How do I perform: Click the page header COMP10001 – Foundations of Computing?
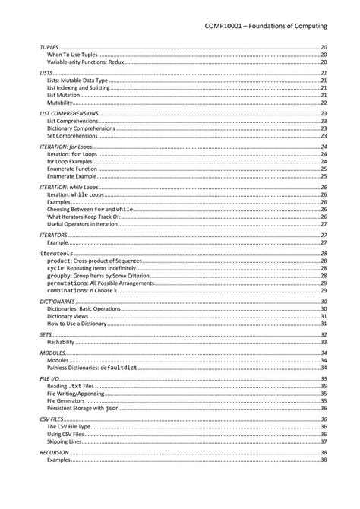pyautogui.click(x=266, y=26)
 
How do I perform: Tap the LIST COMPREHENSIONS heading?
pyautogui.click(x=69, y=112)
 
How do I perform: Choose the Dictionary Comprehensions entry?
pyautogui.click(x=81, y=128)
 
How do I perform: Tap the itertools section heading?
pyautogui.click(x=56, y=253)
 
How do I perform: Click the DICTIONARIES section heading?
pyautogui.click(x=57, y=302)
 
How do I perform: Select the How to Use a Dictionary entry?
pyautogui.click(x=81, y=324)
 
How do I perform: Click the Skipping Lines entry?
pyautogui.click(x=67, y=441)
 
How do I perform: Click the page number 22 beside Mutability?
pyautogui.click(x=324, y=103)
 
